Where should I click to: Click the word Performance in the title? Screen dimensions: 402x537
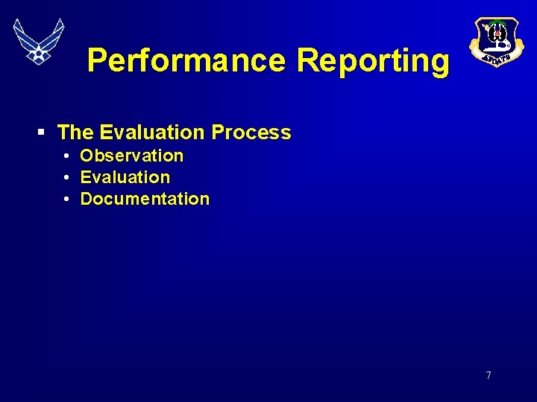pos(186,60)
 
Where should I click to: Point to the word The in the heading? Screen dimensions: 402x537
pos(75,133)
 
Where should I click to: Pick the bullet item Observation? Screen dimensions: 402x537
pos(131,156)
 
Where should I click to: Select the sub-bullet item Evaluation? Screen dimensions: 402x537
pos(125,177)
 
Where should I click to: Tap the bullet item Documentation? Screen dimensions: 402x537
pos(145,199)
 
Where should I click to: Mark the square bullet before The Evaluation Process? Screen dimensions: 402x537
pos(43,133)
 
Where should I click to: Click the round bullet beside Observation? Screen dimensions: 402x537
pos(66,156)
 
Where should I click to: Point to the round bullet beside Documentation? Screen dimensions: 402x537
pos(66,200)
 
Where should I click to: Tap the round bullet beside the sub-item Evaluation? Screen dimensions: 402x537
pos(66,178)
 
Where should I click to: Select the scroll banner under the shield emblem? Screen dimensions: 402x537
pos(495,59)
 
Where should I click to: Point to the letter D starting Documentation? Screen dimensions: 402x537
pos(86,199)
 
